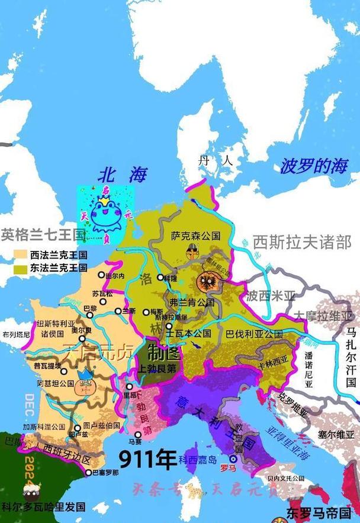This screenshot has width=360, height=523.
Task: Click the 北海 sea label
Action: pyautogui.click(x=123, y=174)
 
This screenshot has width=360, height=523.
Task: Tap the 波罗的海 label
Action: pyautogui.click(x=313, y=166)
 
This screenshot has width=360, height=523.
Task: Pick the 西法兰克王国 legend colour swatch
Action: pyautogui.click(x=20, y=256)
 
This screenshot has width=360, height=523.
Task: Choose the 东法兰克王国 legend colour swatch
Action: pyautogui.click(x=20, y=268)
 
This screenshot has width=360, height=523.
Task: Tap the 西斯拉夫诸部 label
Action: pyautogui.click(x=302, y=242)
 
